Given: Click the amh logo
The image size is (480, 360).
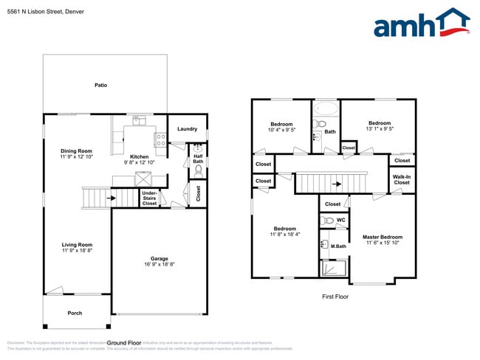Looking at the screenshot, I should (421, 23).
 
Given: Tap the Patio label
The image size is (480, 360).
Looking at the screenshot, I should (101, 86).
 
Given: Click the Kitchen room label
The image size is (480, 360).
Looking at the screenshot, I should (140, 156).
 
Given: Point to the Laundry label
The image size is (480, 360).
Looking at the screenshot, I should (187, 129).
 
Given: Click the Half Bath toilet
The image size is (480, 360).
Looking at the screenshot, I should (197, 171).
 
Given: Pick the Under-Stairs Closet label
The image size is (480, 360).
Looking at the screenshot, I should (149, 197).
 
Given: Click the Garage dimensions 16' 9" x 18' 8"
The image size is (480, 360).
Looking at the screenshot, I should (159, 264).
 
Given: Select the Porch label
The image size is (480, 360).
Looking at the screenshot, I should (75, 313).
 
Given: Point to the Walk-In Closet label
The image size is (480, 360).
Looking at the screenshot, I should (402, 179).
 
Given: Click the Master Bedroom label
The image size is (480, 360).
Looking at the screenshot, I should (382, 238).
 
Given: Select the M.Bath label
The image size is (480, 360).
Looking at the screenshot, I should (338, 246).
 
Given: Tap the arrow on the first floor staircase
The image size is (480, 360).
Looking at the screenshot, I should (337, 184).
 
